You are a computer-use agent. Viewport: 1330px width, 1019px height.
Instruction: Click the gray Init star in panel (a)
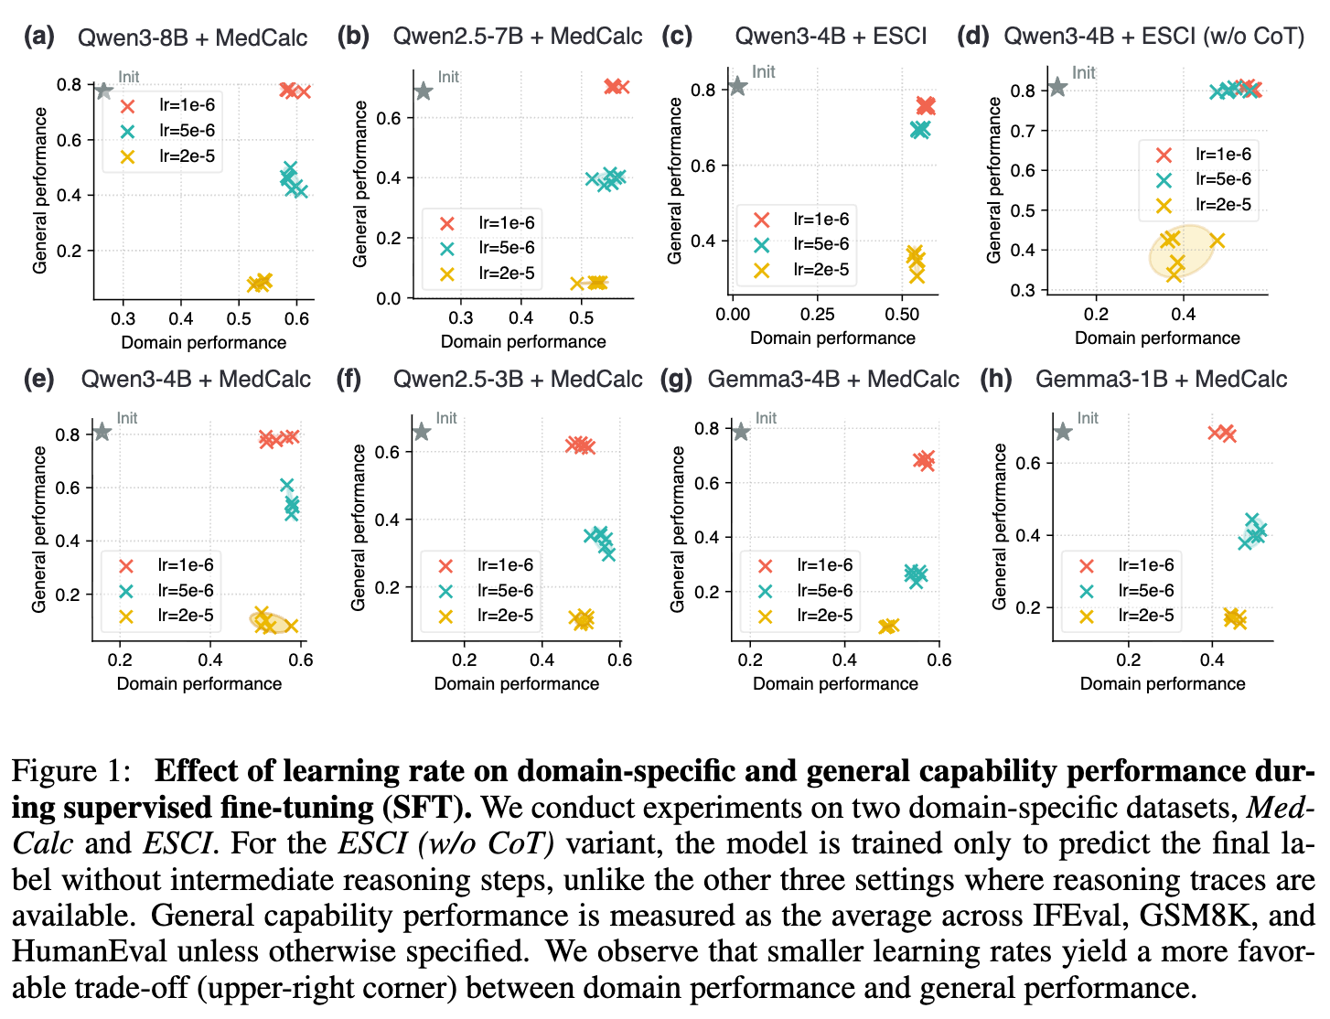coord(103,91)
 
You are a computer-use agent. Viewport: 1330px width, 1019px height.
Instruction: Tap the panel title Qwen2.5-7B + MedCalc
coord(517,37)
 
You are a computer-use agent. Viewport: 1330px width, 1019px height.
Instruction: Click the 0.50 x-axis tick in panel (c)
coord(902,315)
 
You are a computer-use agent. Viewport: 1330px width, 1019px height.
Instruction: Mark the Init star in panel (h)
coord(1063,431)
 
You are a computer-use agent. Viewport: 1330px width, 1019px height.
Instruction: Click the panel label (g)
coord(676,379)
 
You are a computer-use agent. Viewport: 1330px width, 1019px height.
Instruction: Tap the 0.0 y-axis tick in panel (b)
coord(390,298)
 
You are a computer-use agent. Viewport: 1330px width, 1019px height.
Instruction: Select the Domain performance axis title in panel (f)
coord(516,683)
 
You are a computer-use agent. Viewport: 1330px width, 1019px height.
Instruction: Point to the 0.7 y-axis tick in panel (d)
coord(1024,131)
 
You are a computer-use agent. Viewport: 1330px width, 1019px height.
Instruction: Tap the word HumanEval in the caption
coord(90,951)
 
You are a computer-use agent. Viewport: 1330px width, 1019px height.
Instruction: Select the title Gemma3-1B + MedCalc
coord(1160,379)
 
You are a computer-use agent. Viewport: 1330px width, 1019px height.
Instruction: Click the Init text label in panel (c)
coord(764,71)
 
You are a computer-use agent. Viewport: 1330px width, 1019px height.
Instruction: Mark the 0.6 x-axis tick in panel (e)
coord(301,660)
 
